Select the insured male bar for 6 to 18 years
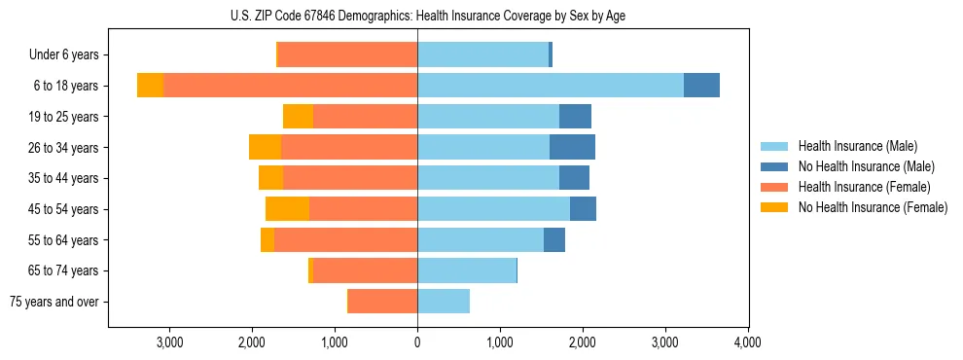(x=550, y=86)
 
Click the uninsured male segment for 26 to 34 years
(x=572, y=147)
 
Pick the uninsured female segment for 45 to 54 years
(x=287, y=208)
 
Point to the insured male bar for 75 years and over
(x=444, y=302)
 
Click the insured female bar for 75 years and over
(x=382, y=302)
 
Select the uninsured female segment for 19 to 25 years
(x=298, y=117)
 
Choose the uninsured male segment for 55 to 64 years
(x=554, y=239)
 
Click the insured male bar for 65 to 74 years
(x=466, y=270)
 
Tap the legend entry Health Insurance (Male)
(x=857, y=146)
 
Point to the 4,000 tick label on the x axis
(x=747, y=342)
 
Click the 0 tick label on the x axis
(x=417, y=342)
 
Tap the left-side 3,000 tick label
(x=169, y=342)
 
